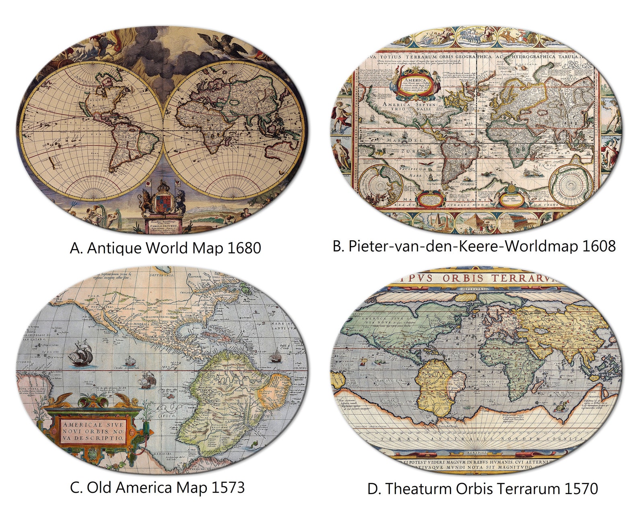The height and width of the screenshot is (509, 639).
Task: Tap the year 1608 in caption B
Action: point(599,246)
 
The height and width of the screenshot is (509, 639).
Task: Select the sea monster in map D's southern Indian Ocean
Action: point(561,408)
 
